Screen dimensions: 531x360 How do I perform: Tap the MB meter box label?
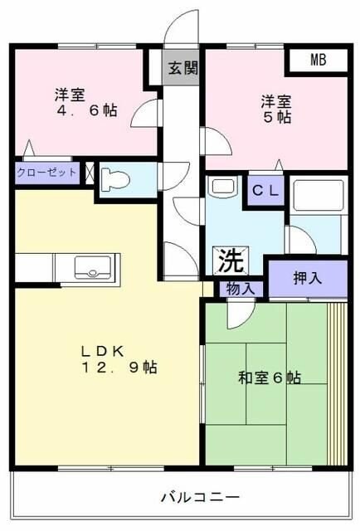pos(319,60)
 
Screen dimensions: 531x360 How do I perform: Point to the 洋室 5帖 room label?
pos(276,109)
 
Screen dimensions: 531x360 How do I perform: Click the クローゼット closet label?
pos(46,173)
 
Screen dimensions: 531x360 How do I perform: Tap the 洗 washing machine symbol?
pos(231,261)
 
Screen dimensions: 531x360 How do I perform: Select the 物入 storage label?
pos(241,289)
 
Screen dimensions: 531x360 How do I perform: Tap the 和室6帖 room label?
pos(270,378)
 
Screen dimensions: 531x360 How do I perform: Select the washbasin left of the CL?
pos(221,188)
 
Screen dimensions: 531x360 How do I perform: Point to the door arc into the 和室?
pos(241,311)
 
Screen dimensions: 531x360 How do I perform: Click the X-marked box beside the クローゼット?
pos(88,173)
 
